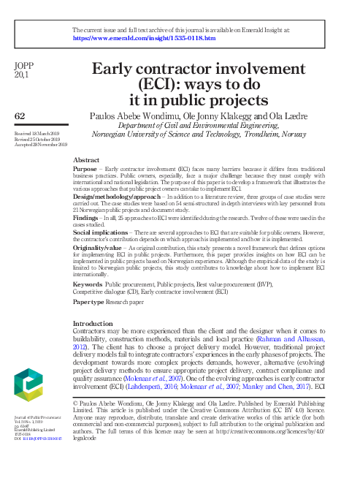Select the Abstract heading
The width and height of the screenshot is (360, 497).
87,159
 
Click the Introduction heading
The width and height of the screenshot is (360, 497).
97,323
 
